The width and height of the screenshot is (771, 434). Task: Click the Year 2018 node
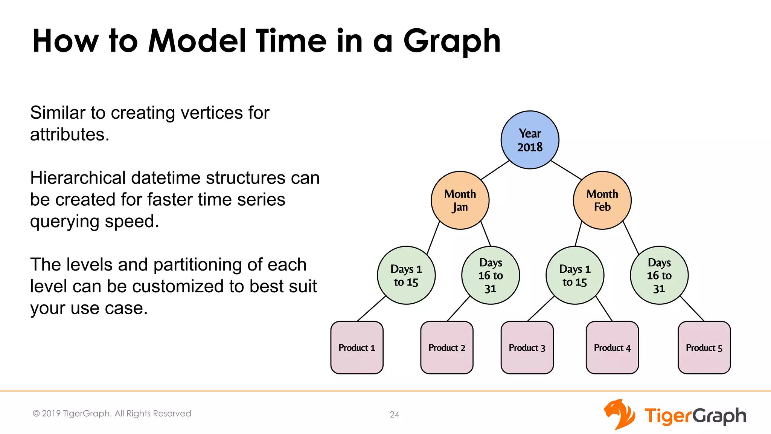pyautogui.click(x=530, y=140)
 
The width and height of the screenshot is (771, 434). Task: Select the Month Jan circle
pyautogui.click(x=460, y=200)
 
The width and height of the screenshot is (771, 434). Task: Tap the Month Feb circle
pyautogui.click(x=602, y=200)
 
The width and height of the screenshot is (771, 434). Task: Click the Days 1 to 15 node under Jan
pyautogui.click(x=406, y=275)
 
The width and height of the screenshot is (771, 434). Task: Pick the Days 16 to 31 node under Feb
pyautogui.click(x=659, y=275)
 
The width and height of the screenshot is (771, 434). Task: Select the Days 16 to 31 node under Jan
pyautogui.click(x=490, y=275)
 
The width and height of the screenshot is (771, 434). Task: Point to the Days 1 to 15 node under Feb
pyautogui.click(x=574, y=275)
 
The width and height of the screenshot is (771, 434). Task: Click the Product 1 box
pyautogui.click(x=357, y=347)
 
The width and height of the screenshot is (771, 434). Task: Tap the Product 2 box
pyautogui.click(x=447, y=347)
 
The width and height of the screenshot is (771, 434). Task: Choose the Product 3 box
pyautogui.click(x=527, y=347)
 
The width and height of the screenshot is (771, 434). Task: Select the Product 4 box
pyautogui.click(x=612, y=347)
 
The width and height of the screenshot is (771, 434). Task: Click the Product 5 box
pyautogui.click(x=704, y=347)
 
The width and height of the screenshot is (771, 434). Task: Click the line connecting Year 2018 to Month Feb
pyautogui.click(x=566, y=170)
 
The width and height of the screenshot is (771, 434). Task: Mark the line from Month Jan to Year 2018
pyautogui.click(x=495, y=170)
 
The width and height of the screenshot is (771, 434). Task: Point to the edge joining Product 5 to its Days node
pyautogui.click(x=692, y=309)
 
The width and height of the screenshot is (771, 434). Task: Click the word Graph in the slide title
pyautogui.click(x=452, y=41)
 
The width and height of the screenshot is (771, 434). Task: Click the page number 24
pyautogui.click(x=394, y=414)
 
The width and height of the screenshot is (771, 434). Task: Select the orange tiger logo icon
pyautogui.click(x=619, y=414)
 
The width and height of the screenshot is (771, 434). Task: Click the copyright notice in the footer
pyautogui.click(x=112, y=414)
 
